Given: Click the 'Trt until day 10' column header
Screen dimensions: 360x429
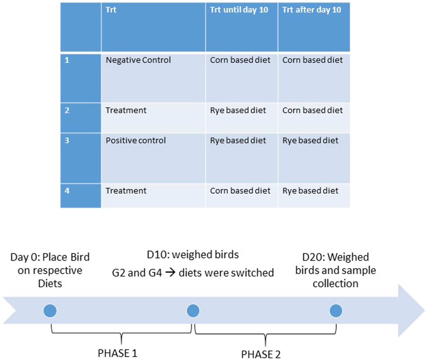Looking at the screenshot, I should [x=239, y=10].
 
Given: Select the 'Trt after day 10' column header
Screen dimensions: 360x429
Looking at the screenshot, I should [x=312, y=10].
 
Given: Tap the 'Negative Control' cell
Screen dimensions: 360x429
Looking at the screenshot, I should [x=138, y=60].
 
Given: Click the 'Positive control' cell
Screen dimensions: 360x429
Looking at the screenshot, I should [x=136, y=141].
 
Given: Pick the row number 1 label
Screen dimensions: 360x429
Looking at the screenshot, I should [x=67, y=60].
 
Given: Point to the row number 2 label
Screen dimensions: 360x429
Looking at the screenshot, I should [x=67, y=110].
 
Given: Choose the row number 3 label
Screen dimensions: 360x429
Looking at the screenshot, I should [x=67, y=141].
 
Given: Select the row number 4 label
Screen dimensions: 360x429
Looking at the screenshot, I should [x=67, y=191].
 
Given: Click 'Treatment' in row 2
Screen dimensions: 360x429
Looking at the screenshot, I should [x=126, y=110].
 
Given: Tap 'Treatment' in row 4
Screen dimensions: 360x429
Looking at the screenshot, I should [x=126, y=191].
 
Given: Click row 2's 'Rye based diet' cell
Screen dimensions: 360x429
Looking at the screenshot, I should [x=238, y=110].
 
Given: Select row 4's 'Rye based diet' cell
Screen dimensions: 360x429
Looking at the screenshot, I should [x=310, y=191].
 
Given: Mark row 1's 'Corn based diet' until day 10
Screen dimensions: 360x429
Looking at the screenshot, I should [x=240, y=60].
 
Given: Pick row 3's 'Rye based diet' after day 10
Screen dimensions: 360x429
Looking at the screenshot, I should [x=310, y=141].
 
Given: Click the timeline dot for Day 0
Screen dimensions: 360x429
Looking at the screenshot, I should [x=50, y=311].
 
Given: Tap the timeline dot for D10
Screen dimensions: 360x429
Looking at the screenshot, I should [x=193, y=311].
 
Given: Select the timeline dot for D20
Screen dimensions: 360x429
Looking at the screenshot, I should [x=336, y=311].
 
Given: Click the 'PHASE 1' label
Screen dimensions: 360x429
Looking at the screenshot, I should [x=117, y=353].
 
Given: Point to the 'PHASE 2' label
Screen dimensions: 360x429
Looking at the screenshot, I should [x=261, y=354].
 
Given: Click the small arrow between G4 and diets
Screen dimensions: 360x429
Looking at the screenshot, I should [x=170, y=273].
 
